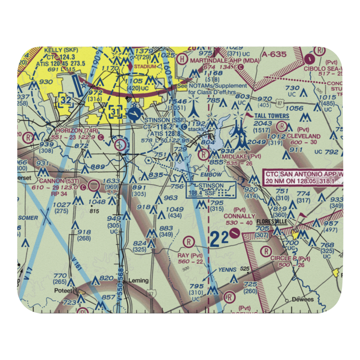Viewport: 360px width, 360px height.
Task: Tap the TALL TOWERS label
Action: (272, 116)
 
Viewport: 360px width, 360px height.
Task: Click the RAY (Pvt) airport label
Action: (190, 255)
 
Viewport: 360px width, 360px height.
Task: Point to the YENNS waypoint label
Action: (227, 270)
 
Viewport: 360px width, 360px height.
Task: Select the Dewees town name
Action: (303, 300)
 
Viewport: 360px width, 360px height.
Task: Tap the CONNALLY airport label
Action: (239, 216)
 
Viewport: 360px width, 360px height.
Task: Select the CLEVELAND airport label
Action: (303, 136)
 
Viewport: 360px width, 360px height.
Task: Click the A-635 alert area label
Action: (274, 55)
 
